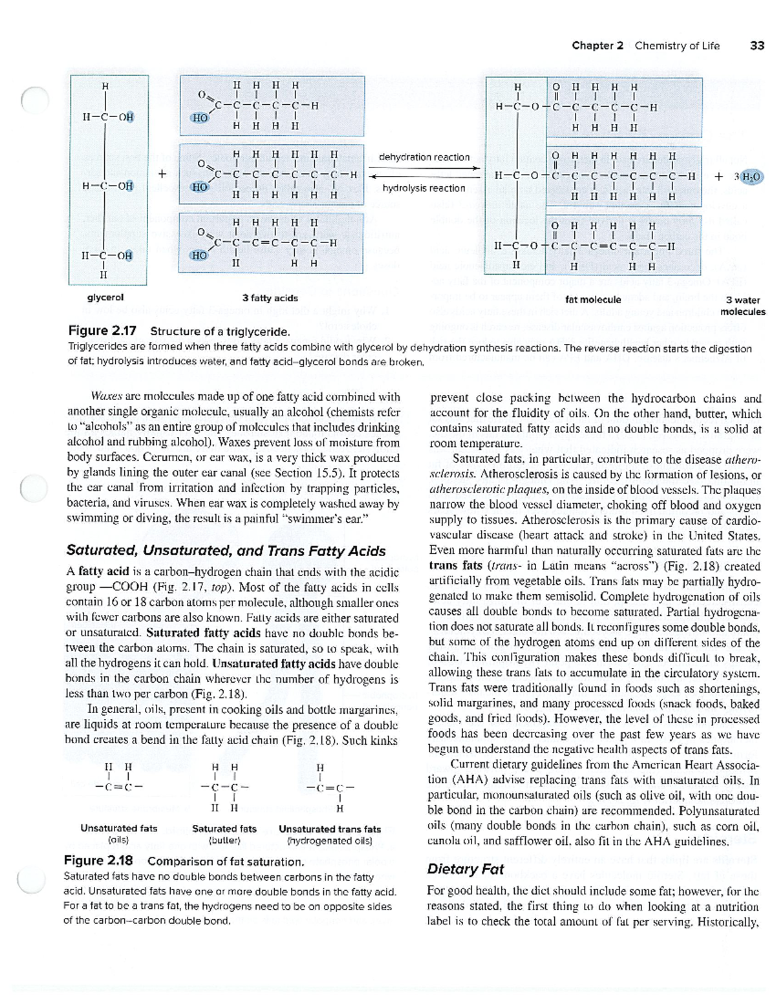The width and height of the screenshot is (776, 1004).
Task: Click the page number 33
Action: point(757,45)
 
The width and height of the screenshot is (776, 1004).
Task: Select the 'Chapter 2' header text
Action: point(597,45)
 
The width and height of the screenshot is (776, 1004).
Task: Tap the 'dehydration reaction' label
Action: point(424,157)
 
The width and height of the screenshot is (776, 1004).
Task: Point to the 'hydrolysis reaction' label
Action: point(424,188)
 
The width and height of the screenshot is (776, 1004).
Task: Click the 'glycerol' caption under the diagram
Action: point(105,297)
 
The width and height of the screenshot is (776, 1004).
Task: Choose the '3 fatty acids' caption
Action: point(270,298)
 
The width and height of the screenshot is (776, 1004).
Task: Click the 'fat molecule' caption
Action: point(593,299)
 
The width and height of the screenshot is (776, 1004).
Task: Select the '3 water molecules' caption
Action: point(742,305)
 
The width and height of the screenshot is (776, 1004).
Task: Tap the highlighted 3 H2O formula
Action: point(747,176)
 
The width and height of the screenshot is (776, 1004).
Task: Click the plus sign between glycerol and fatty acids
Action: point(162,174)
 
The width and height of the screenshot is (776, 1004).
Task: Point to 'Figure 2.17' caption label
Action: point(102,331)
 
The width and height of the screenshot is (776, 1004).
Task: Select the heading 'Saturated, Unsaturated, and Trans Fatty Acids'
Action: point(226,551)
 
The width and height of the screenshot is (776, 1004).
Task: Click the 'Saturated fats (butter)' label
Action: point(224,834)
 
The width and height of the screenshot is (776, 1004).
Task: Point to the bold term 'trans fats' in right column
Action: point(455,566)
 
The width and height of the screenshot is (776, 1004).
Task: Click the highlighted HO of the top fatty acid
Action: point(200,118)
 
